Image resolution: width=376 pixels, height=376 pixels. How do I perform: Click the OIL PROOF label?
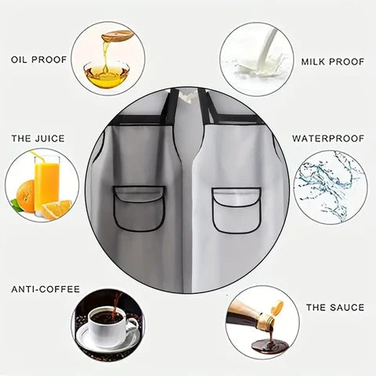38,60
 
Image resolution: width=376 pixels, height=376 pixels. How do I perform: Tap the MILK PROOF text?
333,62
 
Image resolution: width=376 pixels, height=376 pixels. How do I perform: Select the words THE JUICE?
38,139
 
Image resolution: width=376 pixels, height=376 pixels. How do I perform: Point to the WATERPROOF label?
328,139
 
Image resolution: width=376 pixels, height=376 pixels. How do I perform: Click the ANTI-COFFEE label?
45,289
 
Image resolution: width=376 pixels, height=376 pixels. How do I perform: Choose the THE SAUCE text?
335,307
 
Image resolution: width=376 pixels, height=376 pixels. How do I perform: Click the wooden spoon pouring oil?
117,35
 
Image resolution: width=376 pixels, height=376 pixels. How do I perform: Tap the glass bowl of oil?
107,74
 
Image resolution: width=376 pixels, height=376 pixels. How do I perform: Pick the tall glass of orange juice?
47,186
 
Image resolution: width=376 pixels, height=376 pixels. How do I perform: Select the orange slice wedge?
56,209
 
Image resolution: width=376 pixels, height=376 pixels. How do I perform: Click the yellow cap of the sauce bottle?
277,307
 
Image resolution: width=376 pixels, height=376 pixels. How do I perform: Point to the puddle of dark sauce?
270,346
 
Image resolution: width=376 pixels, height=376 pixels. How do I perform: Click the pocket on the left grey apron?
139,208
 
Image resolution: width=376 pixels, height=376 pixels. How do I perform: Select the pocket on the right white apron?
237,211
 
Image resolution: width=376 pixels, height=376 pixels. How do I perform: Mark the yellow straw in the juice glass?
38,156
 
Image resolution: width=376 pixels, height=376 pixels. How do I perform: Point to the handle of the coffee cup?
132,325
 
